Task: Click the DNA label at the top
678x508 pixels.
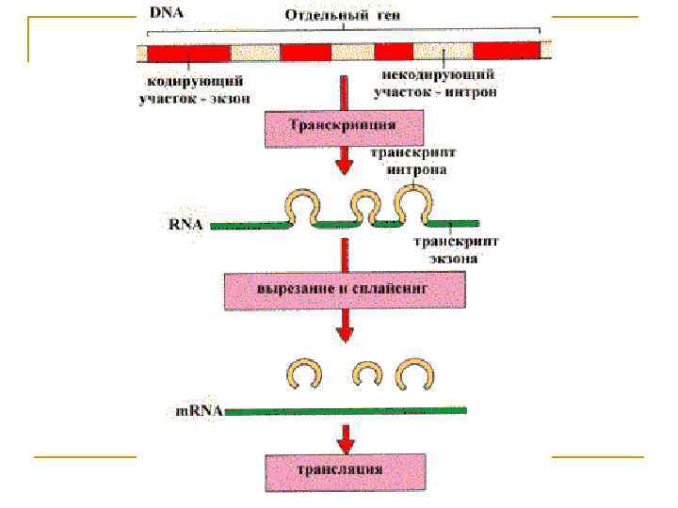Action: (x=167, y=14)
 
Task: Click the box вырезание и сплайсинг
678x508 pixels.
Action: (x=344, y=290)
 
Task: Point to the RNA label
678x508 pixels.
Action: (x=187, y=226)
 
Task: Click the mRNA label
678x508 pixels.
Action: (x=198, y=411)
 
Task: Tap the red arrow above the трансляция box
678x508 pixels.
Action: (x=346, y=437)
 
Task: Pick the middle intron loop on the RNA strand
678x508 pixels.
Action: (x=363, y=204)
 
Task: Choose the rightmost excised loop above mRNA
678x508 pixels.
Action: (x=413, y=374)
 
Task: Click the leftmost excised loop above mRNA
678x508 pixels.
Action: (x=303, y=373)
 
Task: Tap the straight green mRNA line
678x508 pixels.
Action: (x=344, y=410)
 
